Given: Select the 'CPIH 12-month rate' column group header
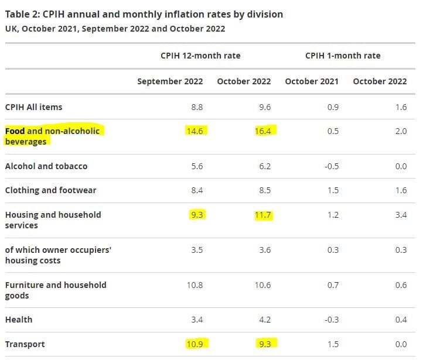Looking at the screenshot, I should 200,56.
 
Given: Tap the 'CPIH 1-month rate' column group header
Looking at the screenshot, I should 343,56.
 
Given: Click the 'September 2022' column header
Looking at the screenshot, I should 170,81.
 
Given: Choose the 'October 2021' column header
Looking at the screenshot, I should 312,81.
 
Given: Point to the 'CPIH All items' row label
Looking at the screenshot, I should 33,107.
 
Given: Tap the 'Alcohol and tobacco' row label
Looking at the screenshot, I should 46,166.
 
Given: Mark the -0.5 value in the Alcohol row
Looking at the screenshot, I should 332,166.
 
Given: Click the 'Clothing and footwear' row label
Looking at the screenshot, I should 50,190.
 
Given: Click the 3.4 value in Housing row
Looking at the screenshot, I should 400,215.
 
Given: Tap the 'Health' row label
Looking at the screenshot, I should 19,320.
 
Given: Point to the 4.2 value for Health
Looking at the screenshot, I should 264,320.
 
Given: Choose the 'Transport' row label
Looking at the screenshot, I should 25,344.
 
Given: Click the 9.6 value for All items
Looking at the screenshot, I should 264,107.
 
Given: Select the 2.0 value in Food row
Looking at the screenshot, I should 400,131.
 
